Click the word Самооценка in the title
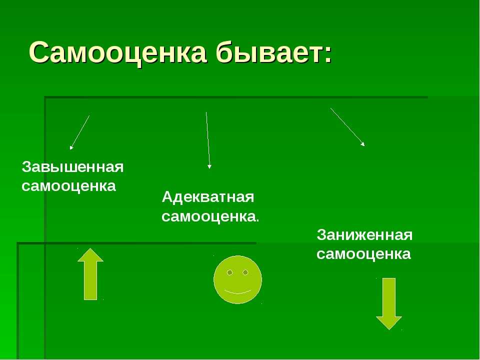click(x=117, y=52)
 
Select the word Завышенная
click(x=72, y=167)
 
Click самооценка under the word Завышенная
click(x=69, y=186)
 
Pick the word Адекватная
click(x=208, y=197)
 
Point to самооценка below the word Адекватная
click(x=208, y=216)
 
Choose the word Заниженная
click(x=364, y=235)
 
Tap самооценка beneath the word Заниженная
click(x=363, y=254)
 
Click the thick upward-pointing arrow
click(x=90, y=274)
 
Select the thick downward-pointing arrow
click(x=389, y=303)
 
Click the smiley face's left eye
click(x=230, y=272)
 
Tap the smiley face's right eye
click(x=245, y=272)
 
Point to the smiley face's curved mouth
click(x=237, y=293)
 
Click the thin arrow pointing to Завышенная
click(x=79, y=132)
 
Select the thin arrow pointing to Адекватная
click(x=208, y=140)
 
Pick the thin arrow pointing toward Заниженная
click(x=347, y=127)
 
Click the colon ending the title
click(x=328, y=55)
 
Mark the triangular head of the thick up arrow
click(x=90, y=254)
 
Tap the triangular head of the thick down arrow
click(x=389, y=323)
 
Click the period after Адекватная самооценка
click(x=257, y=220)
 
